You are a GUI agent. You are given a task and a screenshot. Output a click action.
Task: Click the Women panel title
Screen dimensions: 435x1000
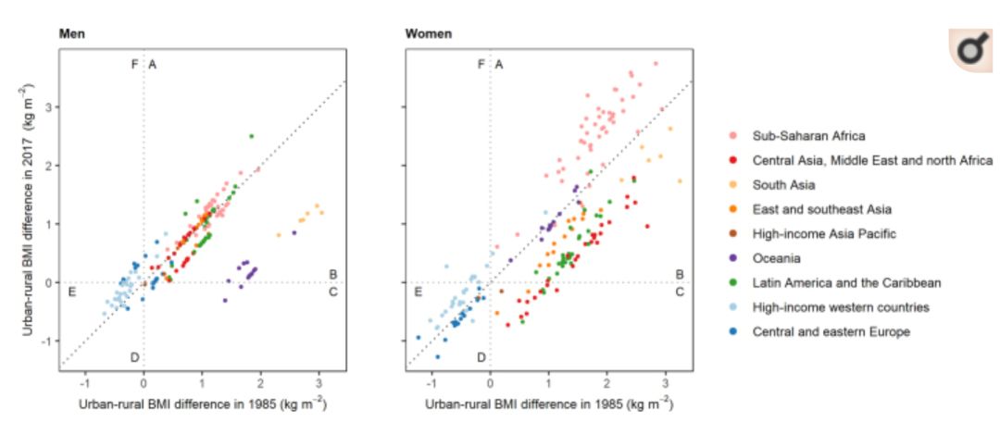pyautogui.click(x=429, y=35)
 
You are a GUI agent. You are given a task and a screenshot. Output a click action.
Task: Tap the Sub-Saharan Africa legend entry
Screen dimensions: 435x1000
pyautogui.click(x=805, y=136)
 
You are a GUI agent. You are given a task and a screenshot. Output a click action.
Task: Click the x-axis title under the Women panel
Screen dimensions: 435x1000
pyautogui.click(x=549, y=404)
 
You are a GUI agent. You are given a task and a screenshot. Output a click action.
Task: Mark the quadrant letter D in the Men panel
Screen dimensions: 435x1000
pyautogui.click(x=135, y=357)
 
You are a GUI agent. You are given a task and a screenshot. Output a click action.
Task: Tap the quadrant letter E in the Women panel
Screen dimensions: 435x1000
pyautogui.click(x=419, y=292)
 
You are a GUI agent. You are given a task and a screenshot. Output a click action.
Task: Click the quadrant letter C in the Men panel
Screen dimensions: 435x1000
pyautogui.click(x=333, y=292)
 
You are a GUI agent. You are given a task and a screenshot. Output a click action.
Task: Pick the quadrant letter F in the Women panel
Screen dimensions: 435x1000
pyautogui.click(x=480, y=64)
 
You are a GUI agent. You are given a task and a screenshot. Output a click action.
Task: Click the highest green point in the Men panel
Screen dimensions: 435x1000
pyautogui.click(x=251, y=136)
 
